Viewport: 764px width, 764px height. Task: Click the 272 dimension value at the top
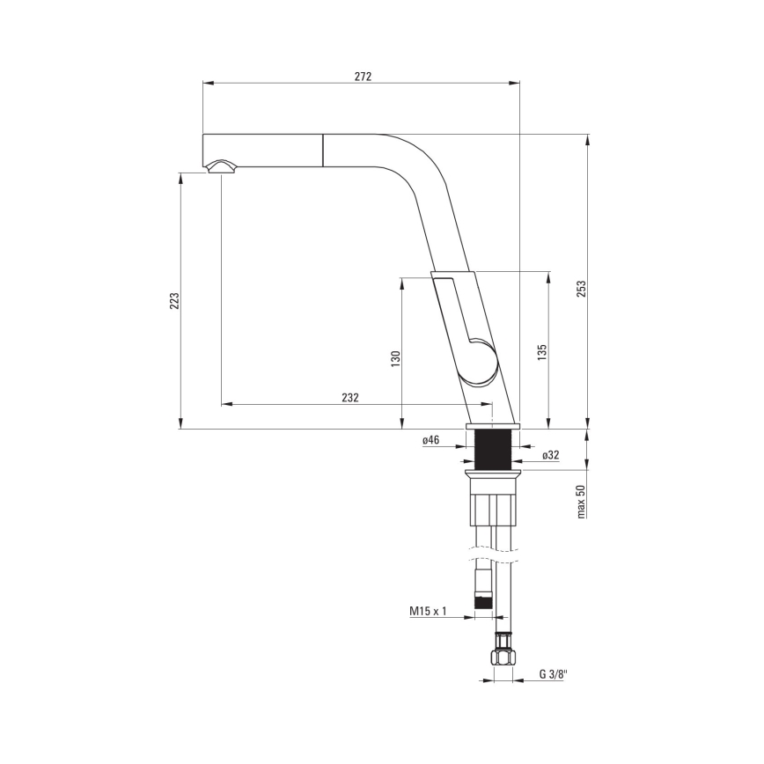(363, 77)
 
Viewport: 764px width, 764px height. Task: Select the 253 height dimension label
(581, 289)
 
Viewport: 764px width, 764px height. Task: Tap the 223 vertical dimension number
(174, 300)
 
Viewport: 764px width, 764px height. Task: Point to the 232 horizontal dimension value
(350, 398)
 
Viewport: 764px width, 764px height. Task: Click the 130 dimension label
(396, 357)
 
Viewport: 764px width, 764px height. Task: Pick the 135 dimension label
(543, 351)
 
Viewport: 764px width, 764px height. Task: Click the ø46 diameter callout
(431, 440)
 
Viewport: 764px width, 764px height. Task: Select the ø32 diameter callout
(550, 455)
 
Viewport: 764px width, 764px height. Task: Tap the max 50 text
(581, 501)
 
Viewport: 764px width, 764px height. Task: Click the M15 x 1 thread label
(429, 611)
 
